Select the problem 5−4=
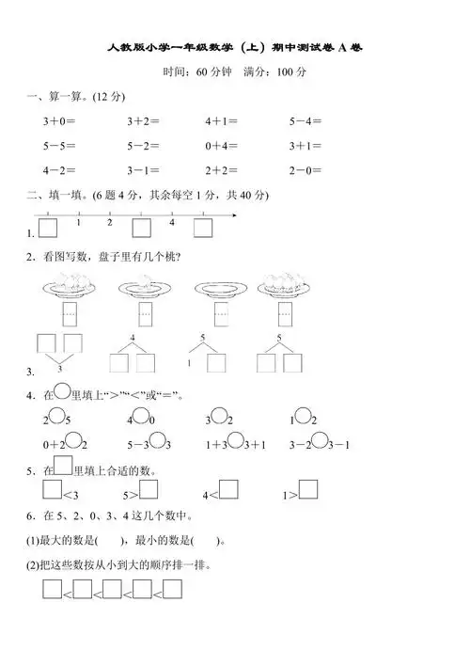(305, 121)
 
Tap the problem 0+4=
(222, 146)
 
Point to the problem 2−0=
(305, 170)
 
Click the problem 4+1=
(222, 121)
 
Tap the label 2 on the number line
(109, 222)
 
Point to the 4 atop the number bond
(133, 337)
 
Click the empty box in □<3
(52, 490)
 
